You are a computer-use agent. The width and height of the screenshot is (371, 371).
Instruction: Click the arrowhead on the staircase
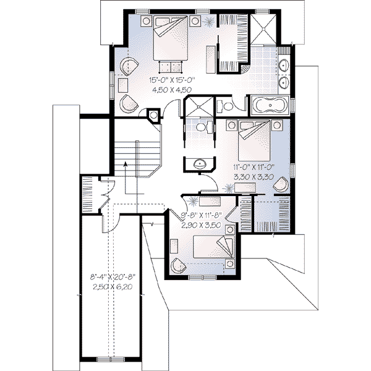coord(125,164)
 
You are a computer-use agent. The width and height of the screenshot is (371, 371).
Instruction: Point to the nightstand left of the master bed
coord(147,20)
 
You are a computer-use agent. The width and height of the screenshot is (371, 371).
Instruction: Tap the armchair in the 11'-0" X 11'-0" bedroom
coord(281,184)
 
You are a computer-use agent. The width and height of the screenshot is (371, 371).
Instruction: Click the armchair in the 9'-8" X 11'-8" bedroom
coord(178,263)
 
